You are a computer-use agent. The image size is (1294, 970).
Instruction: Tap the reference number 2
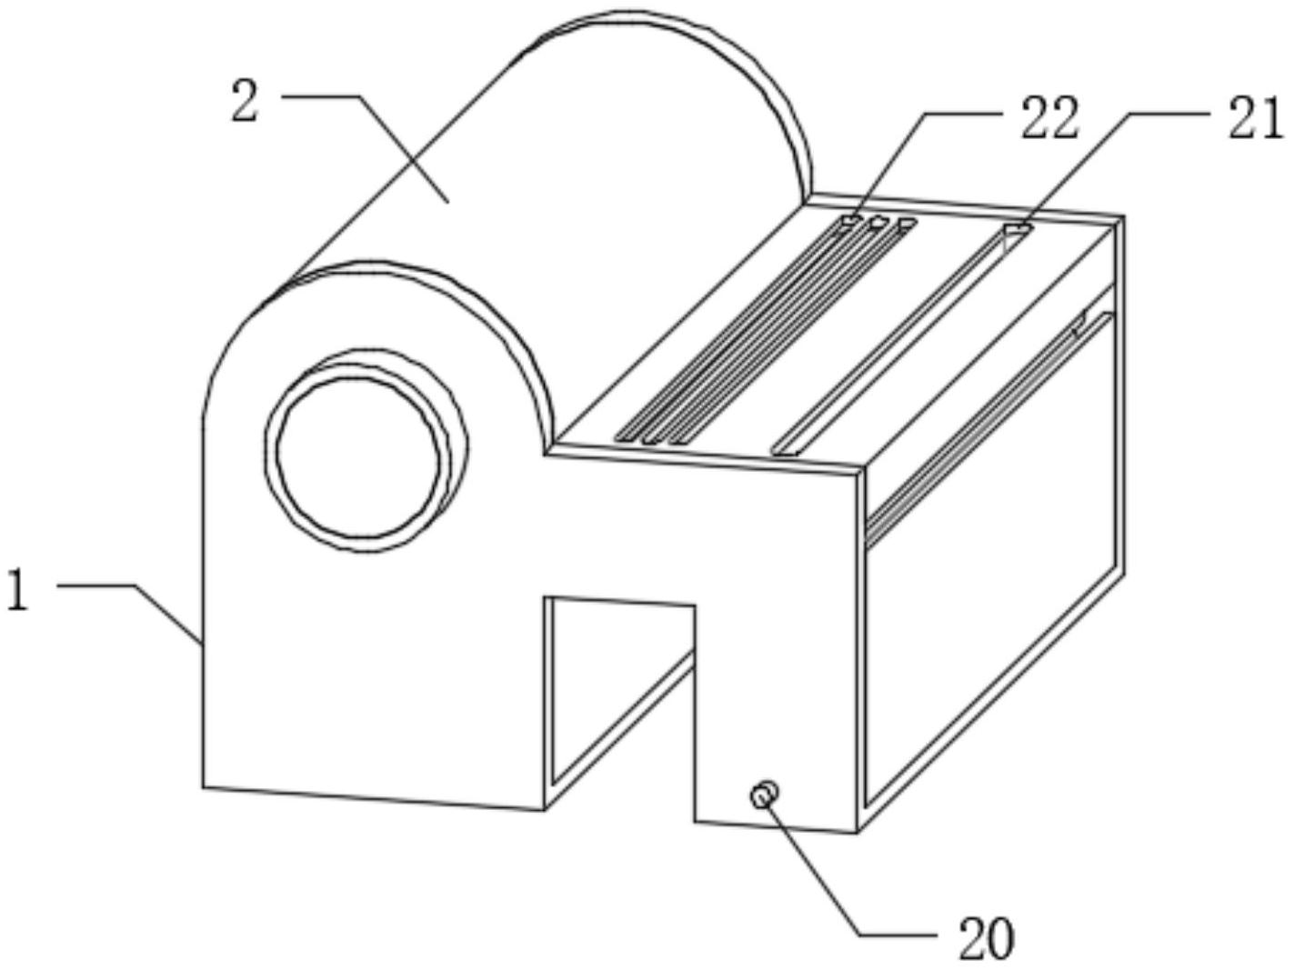click(246, 102)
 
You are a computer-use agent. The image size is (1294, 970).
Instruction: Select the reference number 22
click(1048, 119)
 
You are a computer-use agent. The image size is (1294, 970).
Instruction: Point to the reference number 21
click(1255, 119)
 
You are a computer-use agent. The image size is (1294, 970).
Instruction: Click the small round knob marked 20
click(764, 795)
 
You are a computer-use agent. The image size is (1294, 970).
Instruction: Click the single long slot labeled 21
click(900, 336)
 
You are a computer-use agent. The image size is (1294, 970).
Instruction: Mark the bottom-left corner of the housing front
click(204, 786)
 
